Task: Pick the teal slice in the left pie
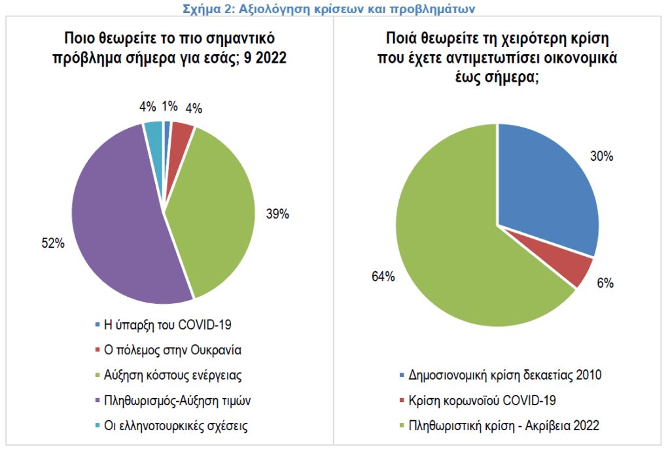pyautogui.click(x=154, y=133)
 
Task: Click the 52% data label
pyautogui.click(x=53, y=244)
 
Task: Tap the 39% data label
pyautogui.click(x=277, y=214)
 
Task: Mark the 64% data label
pyautogui.click(x=383, y=276)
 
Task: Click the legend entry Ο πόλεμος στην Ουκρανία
pyautogui.click(x=173, y=349)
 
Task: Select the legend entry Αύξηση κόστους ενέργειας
pyautogui.click(x=174, y=375)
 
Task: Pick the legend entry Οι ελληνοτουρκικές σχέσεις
pyautogui.click(x=176, y=426)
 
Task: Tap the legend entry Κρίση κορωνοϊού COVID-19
pyautogui.click(x=482, y=400)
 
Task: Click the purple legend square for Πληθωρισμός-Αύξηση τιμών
pyautogui.click(x=98, y=401)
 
